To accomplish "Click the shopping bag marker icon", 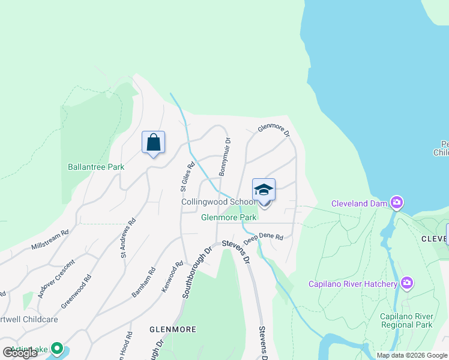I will coord(153,142).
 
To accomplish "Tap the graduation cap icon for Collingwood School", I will coord(264,190).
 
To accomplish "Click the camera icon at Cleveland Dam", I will coord(396,203).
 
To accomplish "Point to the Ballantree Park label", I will coord(96,167).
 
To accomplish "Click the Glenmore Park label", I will coord(229,217).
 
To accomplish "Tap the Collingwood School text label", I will coord(218,202).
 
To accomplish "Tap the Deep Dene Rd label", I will coord(263,238).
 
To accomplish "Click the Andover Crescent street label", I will coord(56,279).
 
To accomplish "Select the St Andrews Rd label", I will coord(128,238).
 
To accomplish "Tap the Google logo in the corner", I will coord(21,353).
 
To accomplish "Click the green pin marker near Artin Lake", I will coord(57,348).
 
